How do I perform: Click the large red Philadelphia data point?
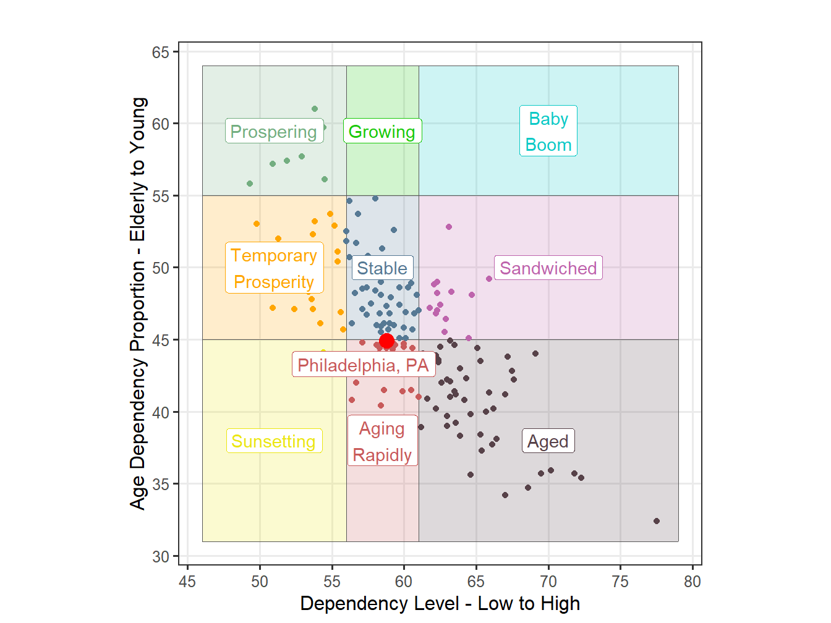386,341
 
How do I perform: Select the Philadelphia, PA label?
363,365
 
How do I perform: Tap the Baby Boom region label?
548,131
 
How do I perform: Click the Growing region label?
382,132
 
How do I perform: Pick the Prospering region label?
273,132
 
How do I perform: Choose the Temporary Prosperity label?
273,268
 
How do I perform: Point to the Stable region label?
382,268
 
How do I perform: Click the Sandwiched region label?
548,268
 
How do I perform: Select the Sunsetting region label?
273,441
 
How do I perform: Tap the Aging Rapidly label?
382,441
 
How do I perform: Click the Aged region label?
548,441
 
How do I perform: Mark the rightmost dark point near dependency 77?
657,521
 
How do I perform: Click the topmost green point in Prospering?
315,109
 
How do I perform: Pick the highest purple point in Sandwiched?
449,227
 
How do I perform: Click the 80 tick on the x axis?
692,582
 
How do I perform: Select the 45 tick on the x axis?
187,582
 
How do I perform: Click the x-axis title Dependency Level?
440,604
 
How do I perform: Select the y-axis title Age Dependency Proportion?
138,303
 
